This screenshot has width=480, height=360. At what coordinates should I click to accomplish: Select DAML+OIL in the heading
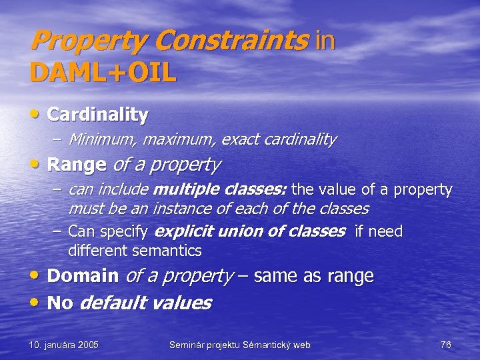click(x=103, y=71)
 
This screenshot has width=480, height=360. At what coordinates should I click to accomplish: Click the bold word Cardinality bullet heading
click(x=98, y=114)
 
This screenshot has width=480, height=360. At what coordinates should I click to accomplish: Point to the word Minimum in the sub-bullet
click(x=98, y=139)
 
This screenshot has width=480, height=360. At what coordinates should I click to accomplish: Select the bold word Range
click(x=77, y=163)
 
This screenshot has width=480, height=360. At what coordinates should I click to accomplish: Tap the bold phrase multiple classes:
click(x=219, y=190)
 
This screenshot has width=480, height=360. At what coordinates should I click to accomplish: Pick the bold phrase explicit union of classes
click(x=249, y=231)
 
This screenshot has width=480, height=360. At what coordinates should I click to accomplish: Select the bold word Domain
click(x=83, y=275)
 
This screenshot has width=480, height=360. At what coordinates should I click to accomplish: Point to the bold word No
click(x=60, y=303)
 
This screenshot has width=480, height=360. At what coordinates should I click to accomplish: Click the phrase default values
click(x=145, y=303)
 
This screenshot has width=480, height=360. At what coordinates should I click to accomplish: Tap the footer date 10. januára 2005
click(x=64, y=345)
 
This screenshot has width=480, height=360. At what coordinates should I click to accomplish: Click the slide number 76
click(x=445, y=345)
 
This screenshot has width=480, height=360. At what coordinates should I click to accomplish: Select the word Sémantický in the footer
click(x=263, y=345)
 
